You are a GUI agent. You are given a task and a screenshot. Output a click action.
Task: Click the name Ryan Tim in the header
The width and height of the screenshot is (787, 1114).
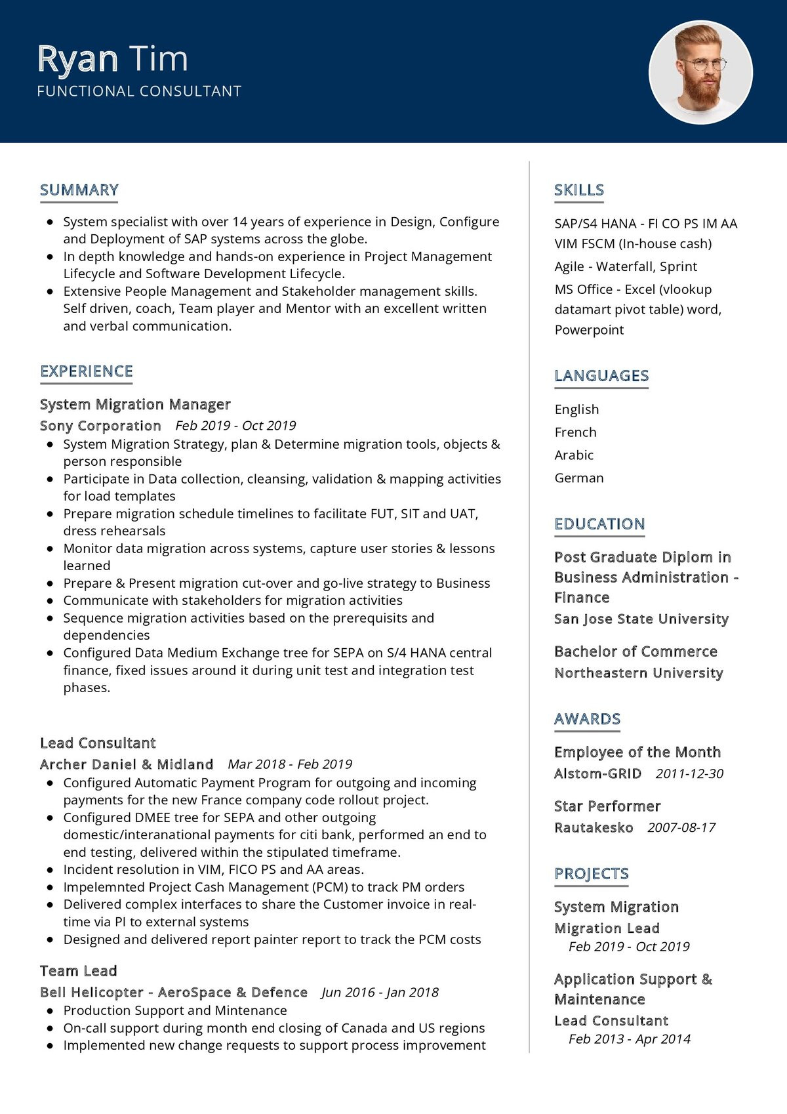click(113, 59)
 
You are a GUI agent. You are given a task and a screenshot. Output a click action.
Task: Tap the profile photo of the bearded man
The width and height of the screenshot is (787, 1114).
click(700, 72)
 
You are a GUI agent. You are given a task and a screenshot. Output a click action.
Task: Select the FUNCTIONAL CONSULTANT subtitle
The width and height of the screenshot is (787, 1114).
click(139, 91)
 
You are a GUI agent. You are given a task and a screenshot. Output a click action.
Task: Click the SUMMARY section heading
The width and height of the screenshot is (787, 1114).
click(79, 190)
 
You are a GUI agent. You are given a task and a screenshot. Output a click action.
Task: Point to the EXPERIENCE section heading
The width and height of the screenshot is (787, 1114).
click(87, 371)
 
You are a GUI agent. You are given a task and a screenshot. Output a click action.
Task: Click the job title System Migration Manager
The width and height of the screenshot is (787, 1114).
click(135, 404)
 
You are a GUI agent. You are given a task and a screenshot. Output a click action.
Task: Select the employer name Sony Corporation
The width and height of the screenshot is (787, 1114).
click(100, 426)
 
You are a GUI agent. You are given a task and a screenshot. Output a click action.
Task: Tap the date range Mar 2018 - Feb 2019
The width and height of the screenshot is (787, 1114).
click(290, 764)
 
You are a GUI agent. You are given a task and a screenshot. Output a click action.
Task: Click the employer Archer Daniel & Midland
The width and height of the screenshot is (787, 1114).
click(127, 764)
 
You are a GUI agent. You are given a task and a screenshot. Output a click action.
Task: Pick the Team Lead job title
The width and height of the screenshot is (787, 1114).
click(79, 971)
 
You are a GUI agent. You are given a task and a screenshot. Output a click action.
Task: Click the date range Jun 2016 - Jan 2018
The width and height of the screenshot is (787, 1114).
click(380, 992)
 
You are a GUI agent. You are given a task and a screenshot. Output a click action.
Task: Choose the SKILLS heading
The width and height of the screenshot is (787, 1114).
click(579, 190)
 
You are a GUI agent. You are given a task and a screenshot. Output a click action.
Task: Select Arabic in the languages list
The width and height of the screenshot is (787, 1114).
click(574, 455)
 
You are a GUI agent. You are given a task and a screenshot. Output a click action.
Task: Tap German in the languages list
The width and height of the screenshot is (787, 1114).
click(579, 478)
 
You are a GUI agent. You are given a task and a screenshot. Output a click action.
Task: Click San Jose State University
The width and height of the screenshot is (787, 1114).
click(641, 619)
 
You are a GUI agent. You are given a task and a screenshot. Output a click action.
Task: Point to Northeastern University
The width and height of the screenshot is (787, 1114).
click(639, 673)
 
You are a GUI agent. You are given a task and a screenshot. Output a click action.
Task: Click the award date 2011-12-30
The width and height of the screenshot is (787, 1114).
click(689, 774)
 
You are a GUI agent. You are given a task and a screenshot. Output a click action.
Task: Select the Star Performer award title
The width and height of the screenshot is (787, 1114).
click(607, 806)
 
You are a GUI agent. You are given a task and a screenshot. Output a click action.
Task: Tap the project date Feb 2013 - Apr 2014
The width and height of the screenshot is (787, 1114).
click(630, 1039)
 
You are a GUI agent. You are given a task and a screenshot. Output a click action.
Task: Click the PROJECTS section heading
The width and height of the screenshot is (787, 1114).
click(592, 874)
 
